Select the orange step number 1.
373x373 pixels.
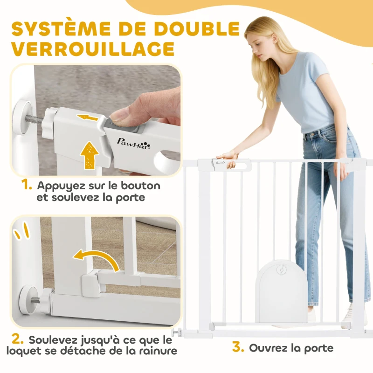27,185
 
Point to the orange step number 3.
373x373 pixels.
238,348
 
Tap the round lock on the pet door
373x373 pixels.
282,270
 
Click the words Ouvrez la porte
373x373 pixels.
291,348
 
